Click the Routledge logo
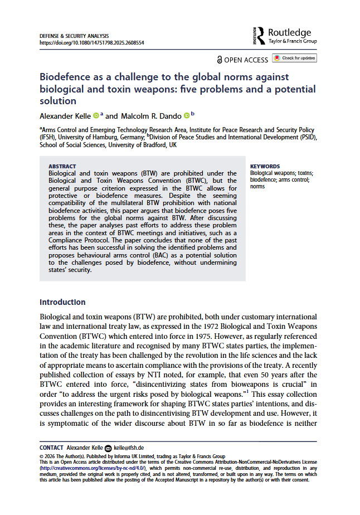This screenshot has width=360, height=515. (285, 36)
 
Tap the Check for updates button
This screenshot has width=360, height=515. (294, 58)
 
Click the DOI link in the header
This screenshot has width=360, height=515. (92, 42)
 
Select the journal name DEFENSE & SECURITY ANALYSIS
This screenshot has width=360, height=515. (74, 36)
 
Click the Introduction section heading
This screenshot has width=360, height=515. (62, 303)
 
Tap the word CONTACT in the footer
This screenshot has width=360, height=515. (51, 448)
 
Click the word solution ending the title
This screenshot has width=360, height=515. (58, 101)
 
